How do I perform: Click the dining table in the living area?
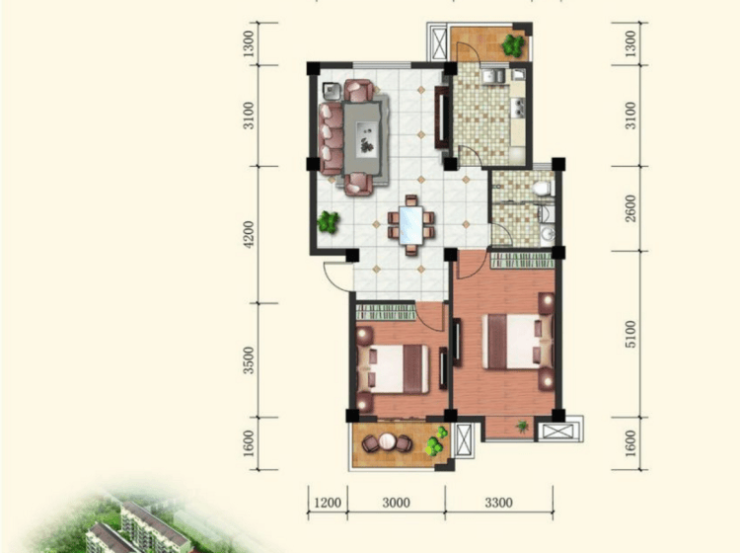click(x=410, y=225)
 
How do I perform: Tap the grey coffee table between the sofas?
click(x=362, y=138)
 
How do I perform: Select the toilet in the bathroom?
click(x=543, y=189)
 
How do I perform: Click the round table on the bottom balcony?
click(x=387, y=442)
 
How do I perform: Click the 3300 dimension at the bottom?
click(x=499, y=503)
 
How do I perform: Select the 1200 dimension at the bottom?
click(x=328, y=503)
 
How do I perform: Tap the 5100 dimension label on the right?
click(x=630, y=334)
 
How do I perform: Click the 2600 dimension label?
click(x=630, y=208)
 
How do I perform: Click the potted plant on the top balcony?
click(x=512, y=45)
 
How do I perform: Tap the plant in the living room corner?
click(x=328, y=222)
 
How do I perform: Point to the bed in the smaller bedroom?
click(x=393, y=368)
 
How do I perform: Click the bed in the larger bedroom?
click(x=517, y=342)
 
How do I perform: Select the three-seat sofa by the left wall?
click(x=331, y=138)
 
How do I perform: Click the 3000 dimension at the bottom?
click(x=397, y=503)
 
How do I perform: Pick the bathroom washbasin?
click(x=548, y=233)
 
